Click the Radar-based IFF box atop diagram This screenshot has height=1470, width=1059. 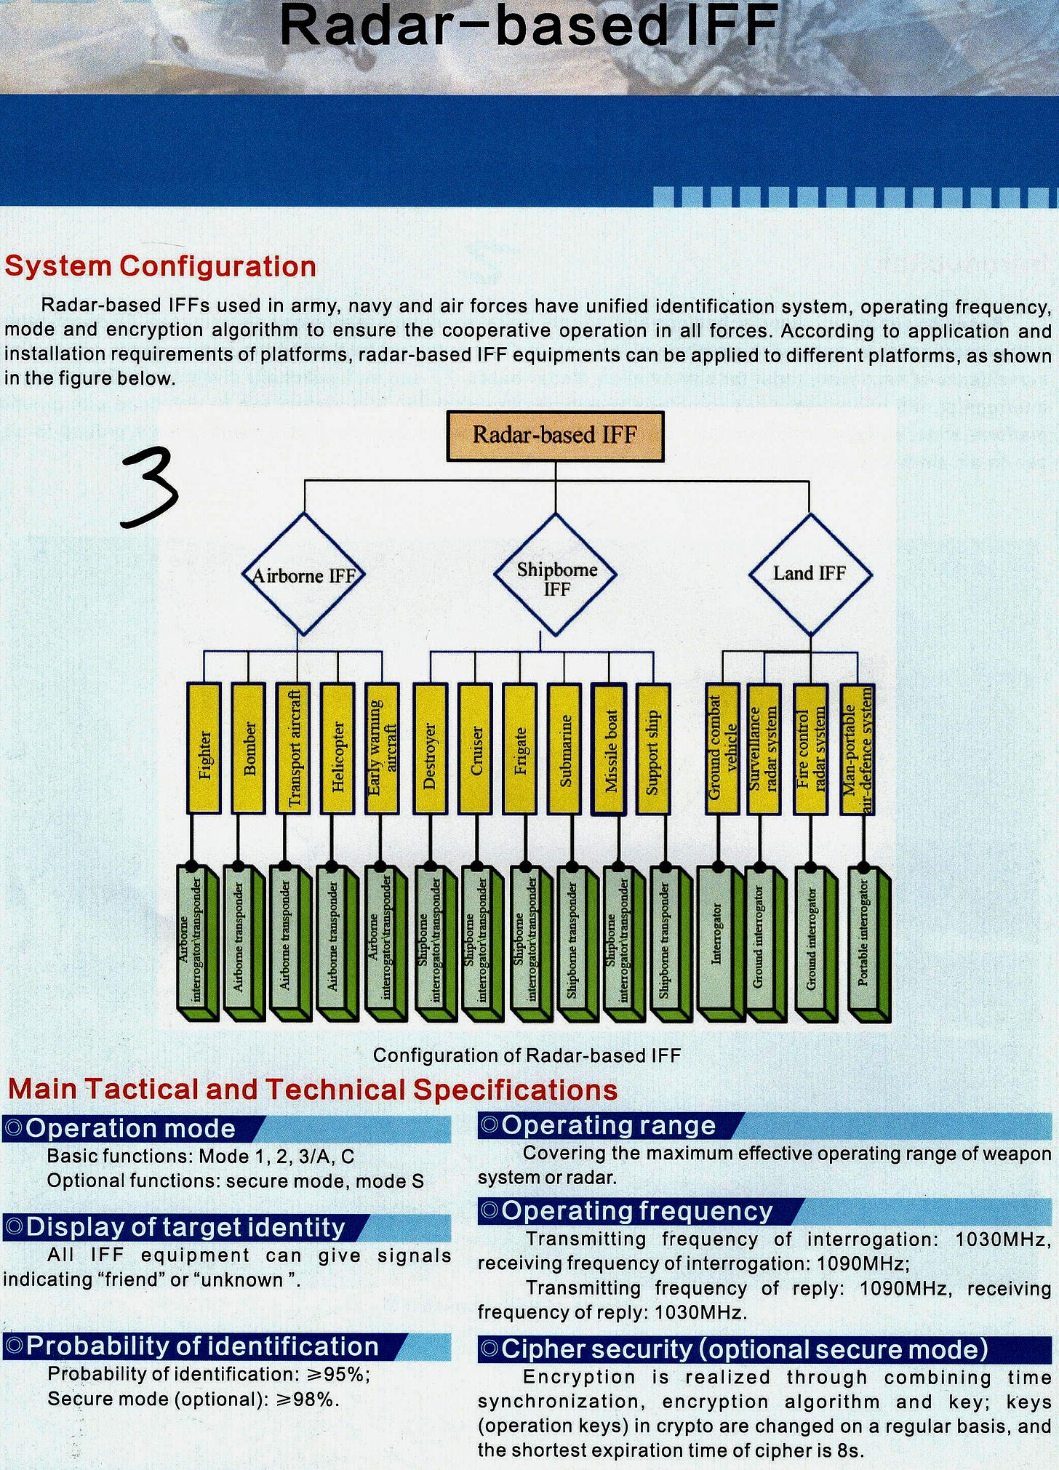click(x=555, y=436)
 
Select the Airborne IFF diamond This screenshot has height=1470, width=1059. click(x=303, y=575)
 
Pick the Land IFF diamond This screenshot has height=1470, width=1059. click(x=810, y=574)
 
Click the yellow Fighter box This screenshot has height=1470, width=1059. click(x=204, y=748)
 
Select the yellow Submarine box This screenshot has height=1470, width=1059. click(x=564, y=748)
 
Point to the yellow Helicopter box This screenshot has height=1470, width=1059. click(x=337, y=748)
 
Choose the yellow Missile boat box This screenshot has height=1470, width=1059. click(x=609, y=748)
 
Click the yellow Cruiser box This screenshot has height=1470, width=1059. click(x=476, y=748)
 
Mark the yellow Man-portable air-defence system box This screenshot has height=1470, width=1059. click(x=857, y=748)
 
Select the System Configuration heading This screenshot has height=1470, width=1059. click(x=160, y=266)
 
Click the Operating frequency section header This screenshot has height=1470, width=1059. click(x=636, y=1211)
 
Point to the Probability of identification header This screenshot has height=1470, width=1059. click(x=202, y=1346)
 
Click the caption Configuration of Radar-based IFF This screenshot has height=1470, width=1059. click(x=527, y=1055)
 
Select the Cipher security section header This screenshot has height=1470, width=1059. click(x=744, y=1349)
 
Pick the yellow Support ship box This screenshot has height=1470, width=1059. click(x=653, y=748)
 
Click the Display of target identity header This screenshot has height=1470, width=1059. click(x=185, y=1227)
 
